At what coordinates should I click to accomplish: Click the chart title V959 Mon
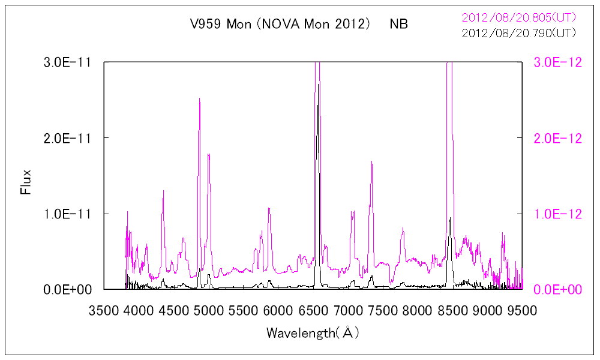(x=215, y=25)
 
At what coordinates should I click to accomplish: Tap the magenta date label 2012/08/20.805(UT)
(x=519, y=18)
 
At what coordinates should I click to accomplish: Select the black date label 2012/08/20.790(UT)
(x=519, y=34)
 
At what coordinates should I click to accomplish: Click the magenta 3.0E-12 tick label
(x=558, y=62)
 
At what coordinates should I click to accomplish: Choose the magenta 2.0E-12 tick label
(x=558, y=138)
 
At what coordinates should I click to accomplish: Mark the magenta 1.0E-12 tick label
(x=558, y=214)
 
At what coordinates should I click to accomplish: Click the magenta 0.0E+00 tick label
(x=558, y=290)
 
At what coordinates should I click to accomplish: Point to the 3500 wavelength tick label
(x=104, y=310)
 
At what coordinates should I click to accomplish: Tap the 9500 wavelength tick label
(x=522, y=310)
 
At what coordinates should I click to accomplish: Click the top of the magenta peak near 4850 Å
(x=199, y=99)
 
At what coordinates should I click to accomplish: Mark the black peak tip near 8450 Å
(x=449, y=218)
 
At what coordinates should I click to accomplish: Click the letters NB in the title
(x=398, y=25)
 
